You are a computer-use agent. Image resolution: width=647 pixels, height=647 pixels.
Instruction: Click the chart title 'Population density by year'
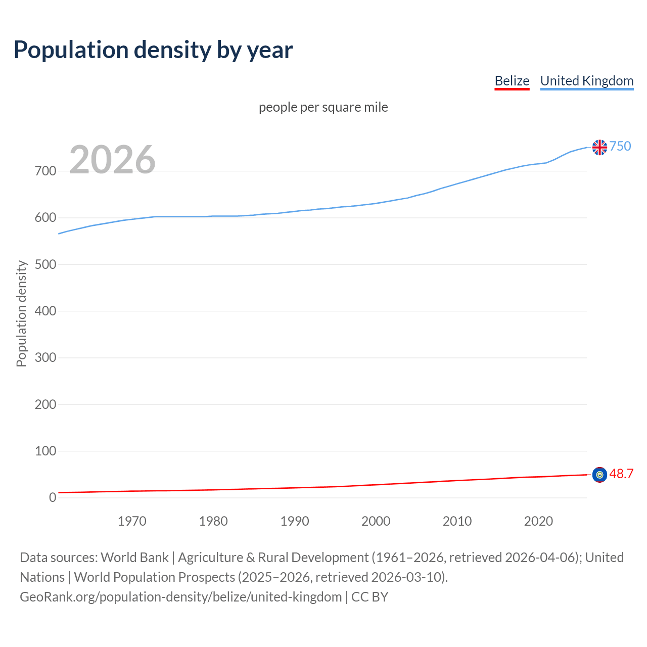point(153,50)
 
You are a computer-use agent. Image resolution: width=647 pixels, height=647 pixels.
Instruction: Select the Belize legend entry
point(512,81)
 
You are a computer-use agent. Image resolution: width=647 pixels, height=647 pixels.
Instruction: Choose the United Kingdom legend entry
point(586,81)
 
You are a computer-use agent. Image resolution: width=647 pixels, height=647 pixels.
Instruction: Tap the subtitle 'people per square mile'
point(323,107)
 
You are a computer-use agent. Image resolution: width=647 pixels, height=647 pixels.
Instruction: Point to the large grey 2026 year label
point(112,160)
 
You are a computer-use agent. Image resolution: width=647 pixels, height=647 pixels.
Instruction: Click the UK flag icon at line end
point(599,147)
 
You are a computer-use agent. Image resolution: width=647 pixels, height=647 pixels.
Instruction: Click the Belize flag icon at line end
point(599,475)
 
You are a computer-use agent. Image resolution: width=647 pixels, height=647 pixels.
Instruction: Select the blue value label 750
point(620,146)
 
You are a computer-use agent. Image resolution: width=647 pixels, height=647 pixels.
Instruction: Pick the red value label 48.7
point(621,474)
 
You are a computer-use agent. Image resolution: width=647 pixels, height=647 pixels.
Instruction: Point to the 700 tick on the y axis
point(45,171)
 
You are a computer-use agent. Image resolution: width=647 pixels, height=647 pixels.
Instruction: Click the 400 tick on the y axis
point(45,311)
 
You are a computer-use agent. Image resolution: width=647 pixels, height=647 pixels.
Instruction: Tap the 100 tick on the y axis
point(45,451)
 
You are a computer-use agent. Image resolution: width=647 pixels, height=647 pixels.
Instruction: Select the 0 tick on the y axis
point(53,497)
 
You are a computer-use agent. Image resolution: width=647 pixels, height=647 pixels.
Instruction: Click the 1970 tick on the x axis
point(132,521)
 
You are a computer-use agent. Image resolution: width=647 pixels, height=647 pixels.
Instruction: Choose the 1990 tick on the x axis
point(295,521)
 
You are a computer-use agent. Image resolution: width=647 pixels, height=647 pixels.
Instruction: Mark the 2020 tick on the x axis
point(538,521)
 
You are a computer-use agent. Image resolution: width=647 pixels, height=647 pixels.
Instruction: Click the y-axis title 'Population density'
point(21,313)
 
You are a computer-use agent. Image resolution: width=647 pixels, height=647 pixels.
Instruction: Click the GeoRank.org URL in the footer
point(180,597)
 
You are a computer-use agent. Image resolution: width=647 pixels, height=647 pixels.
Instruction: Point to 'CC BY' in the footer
point(369,597)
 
